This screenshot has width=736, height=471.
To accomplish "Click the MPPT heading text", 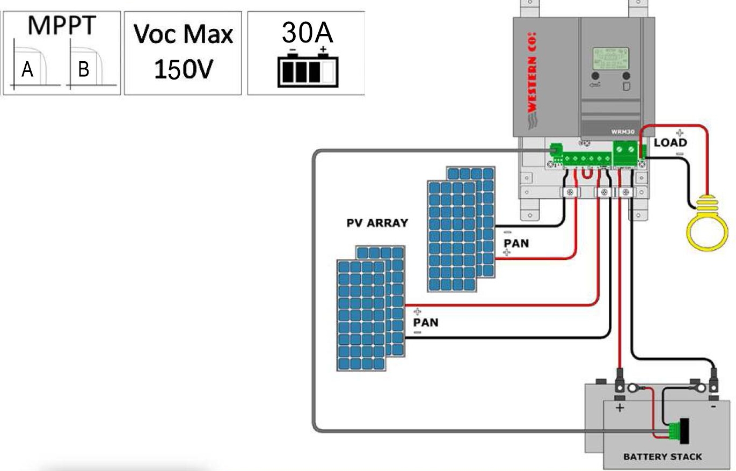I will [61, 26].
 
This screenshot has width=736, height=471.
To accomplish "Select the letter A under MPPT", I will [27, 70].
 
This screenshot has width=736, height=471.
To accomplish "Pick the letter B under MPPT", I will [83, 70].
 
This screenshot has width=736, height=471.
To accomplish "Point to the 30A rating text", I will [308, 33].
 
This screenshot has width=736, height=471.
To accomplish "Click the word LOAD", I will [670, 143].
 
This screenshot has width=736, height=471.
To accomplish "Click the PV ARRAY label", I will [376, 223].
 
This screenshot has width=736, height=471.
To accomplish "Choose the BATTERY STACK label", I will [662, 457].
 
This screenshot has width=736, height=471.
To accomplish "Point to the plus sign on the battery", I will [620, 408].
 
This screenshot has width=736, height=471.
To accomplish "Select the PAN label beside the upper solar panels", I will [516, 243].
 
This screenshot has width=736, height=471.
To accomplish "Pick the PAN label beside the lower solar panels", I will [425, 322].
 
